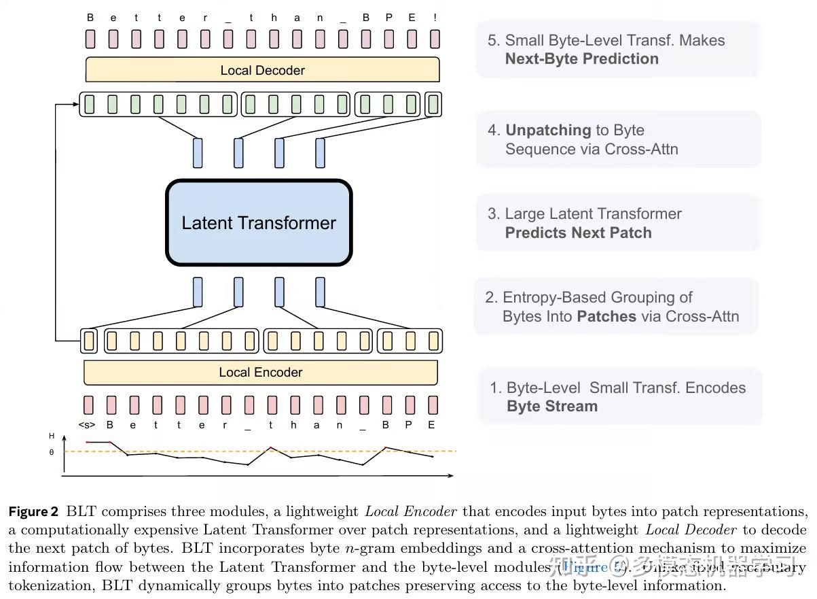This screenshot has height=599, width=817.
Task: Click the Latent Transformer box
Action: (x=259, y=223)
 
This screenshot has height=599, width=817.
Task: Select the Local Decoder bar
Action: (x=262, y=70)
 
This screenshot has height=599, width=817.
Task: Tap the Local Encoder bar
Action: (x=260, y=372)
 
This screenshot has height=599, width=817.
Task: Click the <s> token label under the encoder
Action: (x=87, y=425)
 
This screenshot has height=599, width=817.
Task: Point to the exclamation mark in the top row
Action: (x=433, y=18)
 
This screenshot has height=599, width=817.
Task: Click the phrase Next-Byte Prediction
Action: (x=581, y=58)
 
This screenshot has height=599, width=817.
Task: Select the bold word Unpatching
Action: (x=548, y=130)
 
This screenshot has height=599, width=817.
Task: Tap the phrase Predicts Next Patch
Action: (x=578, y=233)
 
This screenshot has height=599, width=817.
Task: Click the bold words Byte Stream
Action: (x=552, y=406)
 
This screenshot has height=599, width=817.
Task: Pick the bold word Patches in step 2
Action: (x=606, y=316)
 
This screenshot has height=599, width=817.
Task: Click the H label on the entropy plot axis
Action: (x=52, y=436)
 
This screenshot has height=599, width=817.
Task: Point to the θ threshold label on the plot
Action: (x=52, y=452)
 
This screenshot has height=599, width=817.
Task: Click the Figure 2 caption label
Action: (x=33, y=511)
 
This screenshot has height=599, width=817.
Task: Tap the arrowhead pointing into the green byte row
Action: (x=76, y=104)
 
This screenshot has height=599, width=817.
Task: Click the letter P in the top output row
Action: (x=388, y=18)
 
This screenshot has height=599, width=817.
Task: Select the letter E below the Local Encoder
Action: (x=432, y=425)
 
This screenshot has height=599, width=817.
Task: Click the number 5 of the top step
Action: (x=492, y=40)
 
